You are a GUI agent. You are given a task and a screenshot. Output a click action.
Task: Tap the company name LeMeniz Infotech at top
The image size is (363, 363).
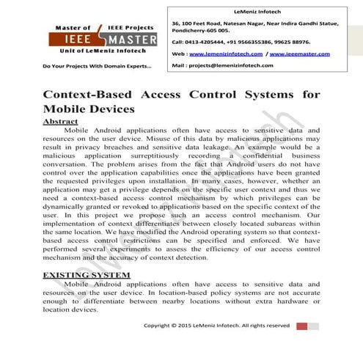255,10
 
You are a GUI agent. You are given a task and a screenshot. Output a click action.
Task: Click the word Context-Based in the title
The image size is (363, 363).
92,95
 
